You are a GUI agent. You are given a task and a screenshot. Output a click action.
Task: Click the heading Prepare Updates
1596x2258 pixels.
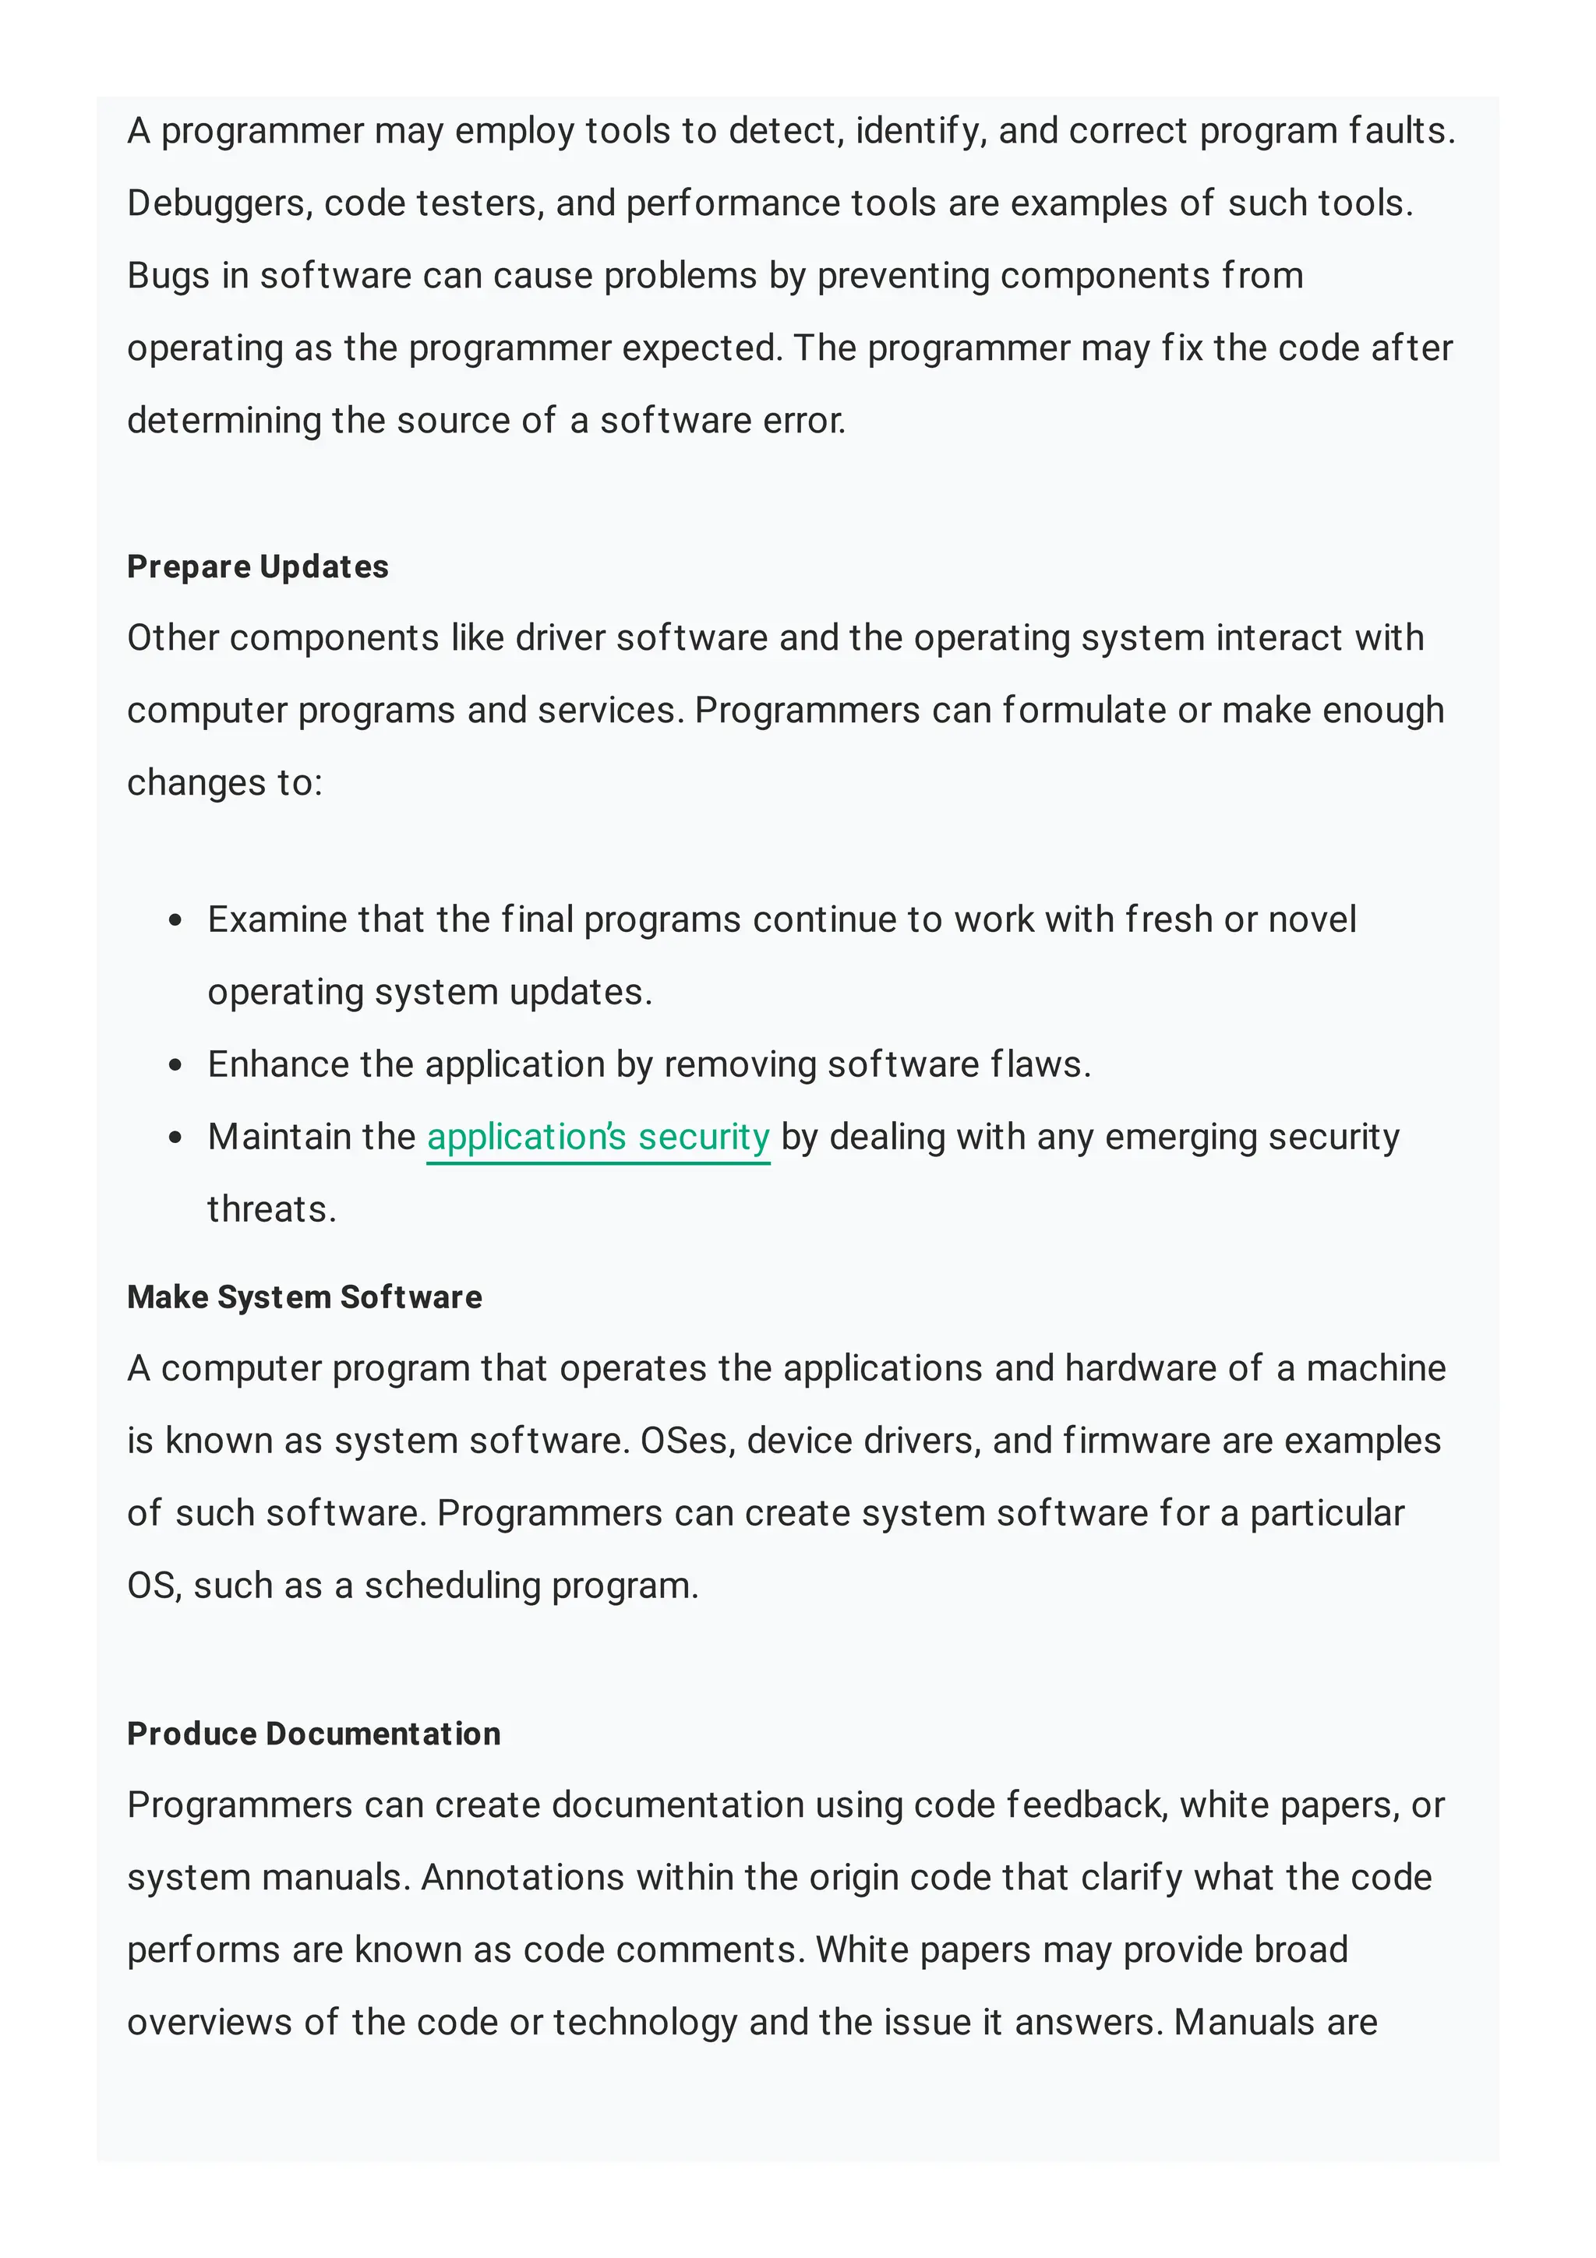pyautogui.click(x=258, y=566)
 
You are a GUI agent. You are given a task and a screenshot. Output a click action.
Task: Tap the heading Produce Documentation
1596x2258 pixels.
pyautogui.click(x=314, y=1733)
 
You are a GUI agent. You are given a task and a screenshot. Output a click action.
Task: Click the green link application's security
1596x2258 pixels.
pyautogui.click(x=598, y=1137)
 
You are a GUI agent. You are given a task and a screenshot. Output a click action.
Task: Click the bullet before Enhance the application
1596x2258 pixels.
pyautogui.click(x=176, y=1065)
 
